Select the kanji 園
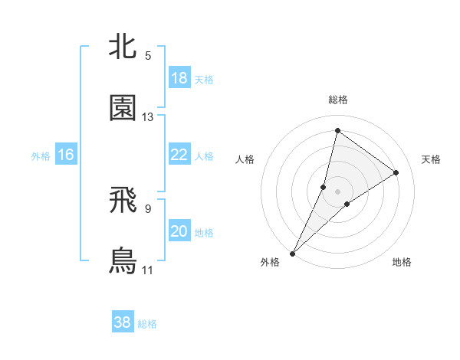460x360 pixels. pyautogui.click(x=123, y=109)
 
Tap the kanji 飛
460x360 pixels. pyautogui.click(x=123, y=200)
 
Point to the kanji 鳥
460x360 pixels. pyautogui.click(x=123, y=261)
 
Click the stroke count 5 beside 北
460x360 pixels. pyautogui.click(x=148, y=56)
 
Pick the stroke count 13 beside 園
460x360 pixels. pyautogui.click(x=148, y=117)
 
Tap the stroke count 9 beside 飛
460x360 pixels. pyautogui.click(x=148, y=208)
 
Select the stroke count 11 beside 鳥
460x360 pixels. pyautogui.click(x=148, y=270)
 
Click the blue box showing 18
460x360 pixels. pyautogui.click(x=179, y=78)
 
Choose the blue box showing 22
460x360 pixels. pyautogui.click(x=179, y=155)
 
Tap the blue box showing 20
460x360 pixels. pyautogui.click(x=179, y=231)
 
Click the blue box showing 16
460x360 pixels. pyautogui.click(x=66, y=155)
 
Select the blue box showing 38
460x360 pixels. pyautogui.click(x=123, y=322)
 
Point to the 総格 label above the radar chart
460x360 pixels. pyautogui.click(x=338, y=100)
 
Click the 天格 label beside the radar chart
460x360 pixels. pyautogui.click(x=432, y=159)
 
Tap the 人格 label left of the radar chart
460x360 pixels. pyautogui.click(x=245, y=159)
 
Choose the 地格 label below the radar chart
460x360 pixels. pyautogui.click(x=402, y=263)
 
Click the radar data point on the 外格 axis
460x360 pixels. pyautogui.click(x=292, y=254)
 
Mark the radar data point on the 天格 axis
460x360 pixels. pyautogui.click(x=396, y=173)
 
